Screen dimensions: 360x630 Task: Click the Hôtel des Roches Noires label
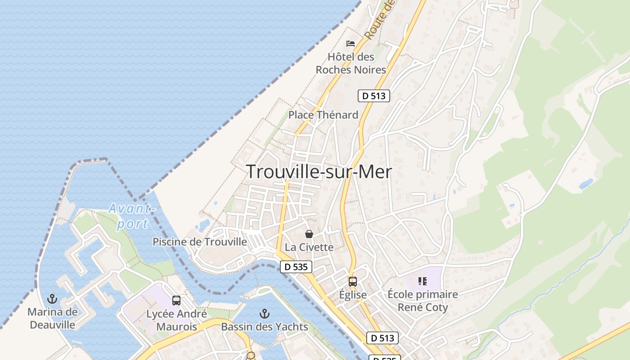(x=351, y=63)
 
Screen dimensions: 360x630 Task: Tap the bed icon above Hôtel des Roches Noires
(x=351, y=44)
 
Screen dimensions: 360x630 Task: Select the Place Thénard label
(x=323, y=115)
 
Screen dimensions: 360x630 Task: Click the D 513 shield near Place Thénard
(x=373, y=96)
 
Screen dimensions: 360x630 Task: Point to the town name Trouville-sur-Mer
(x=319, y=172)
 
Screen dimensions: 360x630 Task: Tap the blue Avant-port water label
(x=131, y=216)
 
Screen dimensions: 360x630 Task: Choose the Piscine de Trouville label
(x=200, y=242)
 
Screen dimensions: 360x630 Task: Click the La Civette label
(x=309, y=247)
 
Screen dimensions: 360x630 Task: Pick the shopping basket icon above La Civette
(x=309, y=234)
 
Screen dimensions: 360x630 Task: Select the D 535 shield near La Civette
(x=296, y=267)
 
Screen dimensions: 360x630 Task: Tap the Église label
(x=353, y=295)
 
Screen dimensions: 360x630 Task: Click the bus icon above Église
(x=353, y=282)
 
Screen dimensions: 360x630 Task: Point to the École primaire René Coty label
(x=423, y=301)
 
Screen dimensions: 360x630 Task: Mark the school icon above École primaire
(x=422, y=281)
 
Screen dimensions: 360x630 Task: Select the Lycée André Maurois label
(x=176, y=320)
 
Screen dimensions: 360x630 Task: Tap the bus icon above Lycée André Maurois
(x=176, y=301)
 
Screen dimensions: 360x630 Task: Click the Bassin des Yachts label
(x=265, y=327)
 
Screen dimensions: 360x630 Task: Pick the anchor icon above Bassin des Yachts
(x=265, y=313)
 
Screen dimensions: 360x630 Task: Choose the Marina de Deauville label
(x=52, y=318)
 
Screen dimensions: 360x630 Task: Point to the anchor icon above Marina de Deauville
(x=52, y=299)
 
